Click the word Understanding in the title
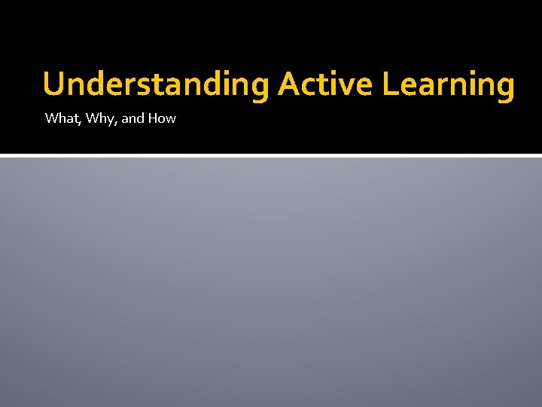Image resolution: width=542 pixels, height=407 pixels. pyautogui.click(x=156, y=84)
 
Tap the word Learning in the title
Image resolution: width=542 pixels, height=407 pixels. pyautogui.click(x=449, y=84)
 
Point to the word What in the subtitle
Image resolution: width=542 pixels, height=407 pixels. pyautogui.click(x=59, y=118)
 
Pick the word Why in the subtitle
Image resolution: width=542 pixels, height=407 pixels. pyautogui.click(x=95, y=118)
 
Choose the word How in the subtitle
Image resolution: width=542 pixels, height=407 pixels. pyautogui.click(x=162, y=118)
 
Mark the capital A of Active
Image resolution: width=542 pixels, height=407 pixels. pyautogui.click(x=289, y=84)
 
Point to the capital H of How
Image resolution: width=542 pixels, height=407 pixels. pyautogui.click(x=154, y=118)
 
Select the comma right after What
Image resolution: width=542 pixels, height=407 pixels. pyautogui.click(x=76, y=122)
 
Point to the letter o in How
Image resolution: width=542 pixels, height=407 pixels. pyautogui.click(x=163, y=119)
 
